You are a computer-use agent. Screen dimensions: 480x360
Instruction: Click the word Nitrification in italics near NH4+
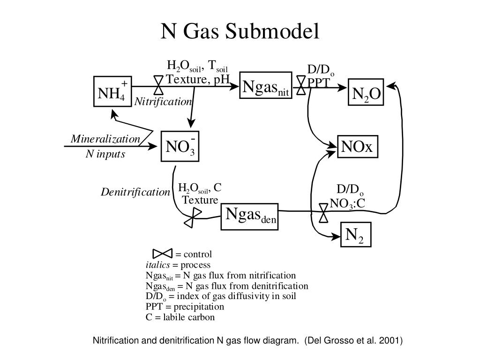pyautogui.click(x=163, y=101)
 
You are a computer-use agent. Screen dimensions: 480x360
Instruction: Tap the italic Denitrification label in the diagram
pyautogui.click(x=135, y=192)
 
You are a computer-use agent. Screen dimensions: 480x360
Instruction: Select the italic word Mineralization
pyautogui.click(x=105, y=139)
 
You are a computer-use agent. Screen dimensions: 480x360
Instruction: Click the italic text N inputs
pyautogui.click(x=105, y=154)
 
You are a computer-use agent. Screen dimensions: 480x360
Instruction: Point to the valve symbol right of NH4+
pyautogui.click(x=158, y=85)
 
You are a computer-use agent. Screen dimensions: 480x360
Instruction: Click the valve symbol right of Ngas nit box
pyautogui.click(x=301, y=85)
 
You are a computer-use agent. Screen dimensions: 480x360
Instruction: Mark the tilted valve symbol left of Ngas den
pyautogui.click(x=193, y=217)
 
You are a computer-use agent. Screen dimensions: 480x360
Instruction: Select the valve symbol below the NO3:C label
pyautogui.click(x=323, y=213)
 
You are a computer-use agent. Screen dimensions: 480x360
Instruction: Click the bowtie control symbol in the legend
pyautogui.click(x=163, y=254)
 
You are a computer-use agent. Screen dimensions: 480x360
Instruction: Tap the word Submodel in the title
pyautogui.click(x=272, y=31)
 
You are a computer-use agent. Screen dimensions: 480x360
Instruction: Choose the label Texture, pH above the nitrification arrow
pyautogui.click(x=198, y=79)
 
